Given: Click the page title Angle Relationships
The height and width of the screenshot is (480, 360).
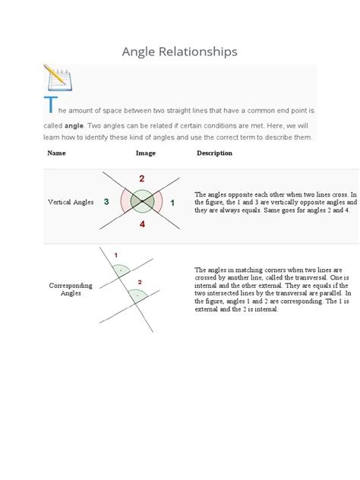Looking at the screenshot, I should (179, 52).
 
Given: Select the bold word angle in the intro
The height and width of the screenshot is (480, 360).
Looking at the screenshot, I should (74, 125).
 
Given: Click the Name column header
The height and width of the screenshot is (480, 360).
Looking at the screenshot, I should (56, 153).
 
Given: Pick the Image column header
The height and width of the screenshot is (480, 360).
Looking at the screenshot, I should (146, 153).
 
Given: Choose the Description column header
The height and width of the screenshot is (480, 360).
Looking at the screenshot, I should (214, 153).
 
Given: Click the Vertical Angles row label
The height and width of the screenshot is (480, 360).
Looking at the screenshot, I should (71, 203).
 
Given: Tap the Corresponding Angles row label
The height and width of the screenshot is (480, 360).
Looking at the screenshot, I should (71, 289).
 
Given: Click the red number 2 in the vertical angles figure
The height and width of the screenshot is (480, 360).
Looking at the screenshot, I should (141, 178).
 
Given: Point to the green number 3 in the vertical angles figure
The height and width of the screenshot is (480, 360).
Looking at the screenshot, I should (106, 202).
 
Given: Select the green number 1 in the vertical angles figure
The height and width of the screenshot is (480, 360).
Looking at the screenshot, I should (172, 202).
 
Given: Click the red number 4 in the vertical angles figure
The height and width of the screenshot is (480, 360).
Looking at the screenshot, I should (141, 225).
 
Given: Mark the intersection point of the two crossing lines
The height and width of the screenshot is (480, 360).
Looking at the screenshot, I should (141, 202).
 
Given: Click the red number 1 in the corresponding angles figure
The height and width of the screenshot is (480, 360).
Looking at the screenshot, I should (115, 254).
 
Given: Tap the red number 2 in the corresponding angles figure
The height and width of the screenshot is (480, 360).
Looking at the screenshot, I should (139, 283).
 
